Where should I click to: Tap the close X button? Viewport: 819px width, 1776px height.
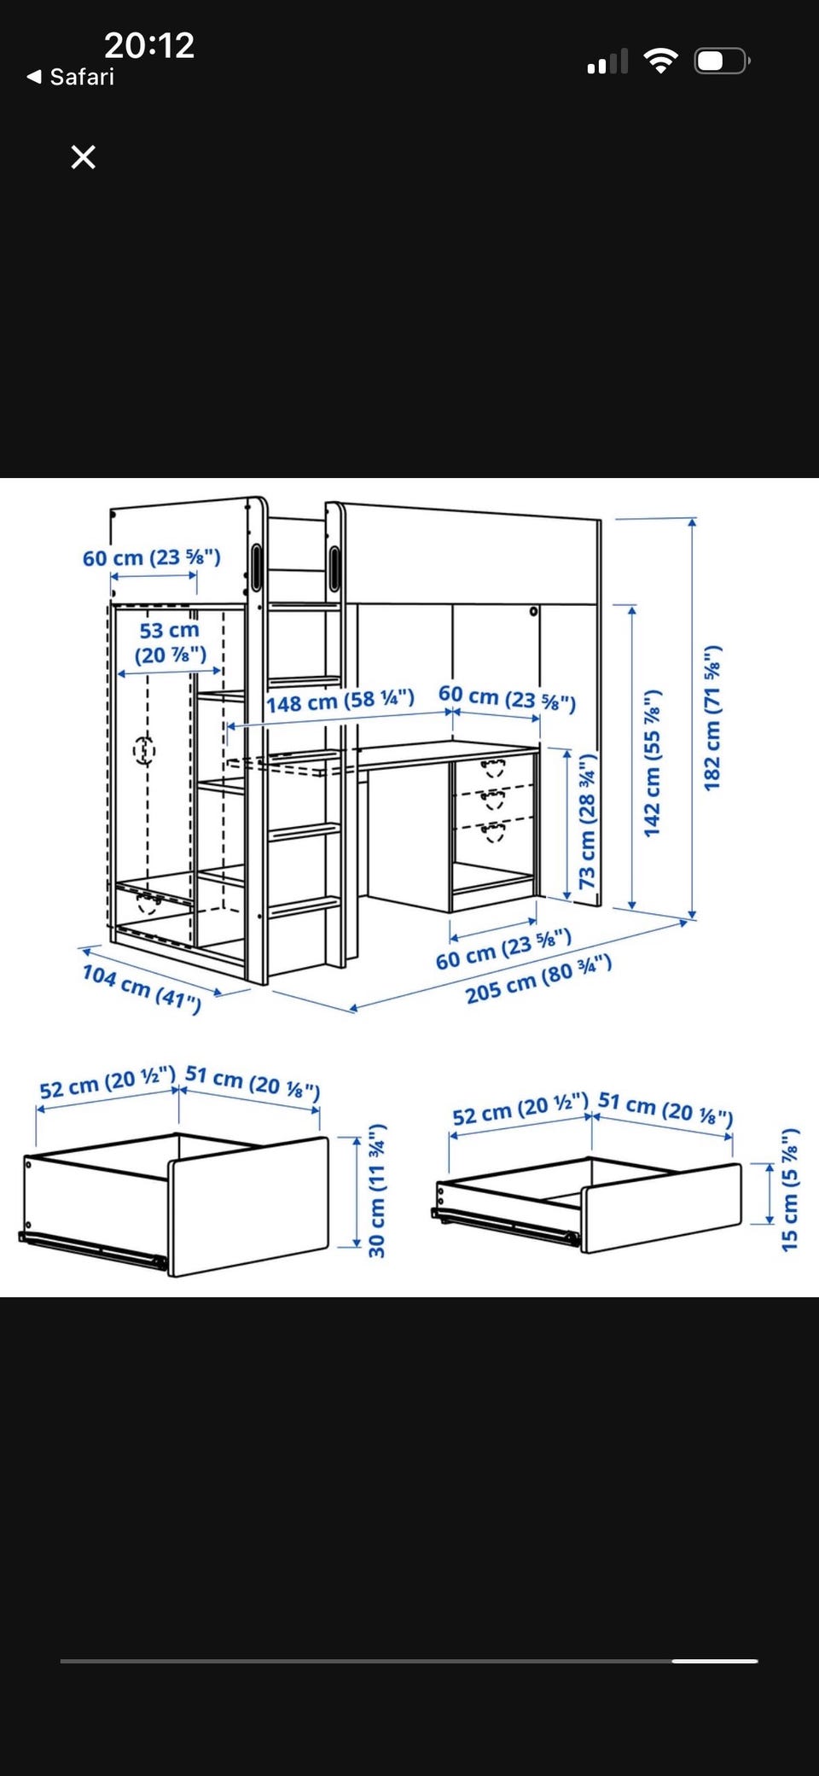coord(83,157)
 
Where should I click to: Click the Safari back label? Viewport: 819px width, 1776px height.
coord(71,77)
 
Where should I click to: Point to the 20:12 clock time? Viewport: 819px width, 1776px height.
coord(149,45)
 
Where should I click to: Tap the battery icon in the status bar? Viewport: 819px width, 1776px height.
coord(723,61)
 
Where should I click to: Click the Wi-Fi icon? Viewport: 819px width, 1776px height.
coord(660,61)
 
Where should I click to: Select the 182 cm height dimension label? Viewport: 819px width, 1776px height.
coord(712,718)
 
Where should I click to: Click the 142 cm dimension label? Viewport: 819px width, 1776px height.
coord(653,762)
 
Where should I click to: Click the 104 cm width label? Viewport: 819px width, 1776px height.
coord(142,988)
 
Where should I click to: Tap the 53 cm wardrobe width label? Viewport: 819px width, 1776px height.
coord(171,643)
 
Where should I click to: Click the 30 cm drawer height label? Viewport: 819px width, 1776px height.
coord(377,1191)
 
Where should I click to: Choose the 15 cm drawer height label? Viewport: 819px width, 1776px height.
coord(791,1190)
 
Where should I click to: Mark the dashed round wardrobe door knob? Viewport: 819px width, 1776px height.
coord(144,751)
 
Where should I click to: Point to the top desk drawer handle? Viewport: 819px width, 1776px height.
coord(493,767)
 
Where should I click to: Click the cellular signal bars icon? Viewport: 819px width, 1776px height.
coord(607,61)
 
